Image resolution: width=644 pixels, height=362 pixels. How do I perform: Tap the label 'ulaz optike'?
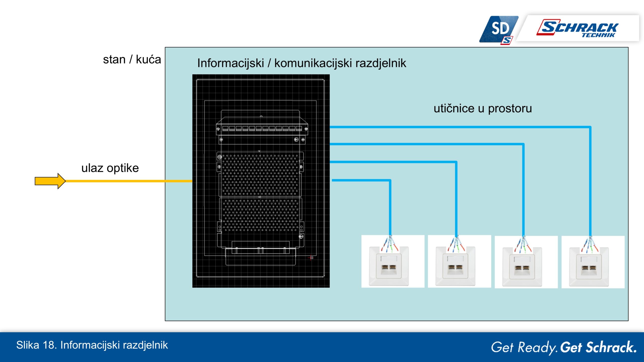(110, 168)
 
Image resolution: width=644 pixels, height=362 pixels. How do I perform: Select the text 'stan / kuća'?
(132, 60)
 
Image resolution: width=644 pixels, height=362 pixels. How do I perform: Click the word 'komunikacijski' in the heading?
(313, 63)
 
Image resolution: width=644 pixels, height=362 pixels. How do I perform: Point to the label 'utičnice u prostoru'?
(483, 108)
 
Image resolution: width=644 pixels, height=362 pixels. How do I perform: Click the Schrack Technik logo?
(577, 28)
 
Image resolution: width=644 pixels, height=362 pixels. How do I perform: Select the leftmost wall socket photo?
(393, 261)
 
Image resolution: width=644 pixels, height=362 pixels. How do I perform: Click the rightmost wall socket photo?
(593, 262)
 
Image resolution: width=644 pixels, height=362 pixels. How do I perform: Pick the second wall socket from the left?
(459, 261)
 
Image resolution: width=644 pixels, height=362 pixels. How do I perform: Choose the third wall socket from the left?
(526, 262)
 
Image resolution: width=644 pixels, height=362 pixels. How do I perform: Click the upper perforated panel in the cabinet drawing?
(260, 174)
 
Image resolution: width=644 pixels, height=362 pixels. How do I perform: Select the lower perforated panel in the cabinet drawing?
(261, 215)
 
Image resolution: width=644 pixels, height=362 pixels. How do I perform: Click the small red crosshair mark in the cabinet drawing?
(311, 258)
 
